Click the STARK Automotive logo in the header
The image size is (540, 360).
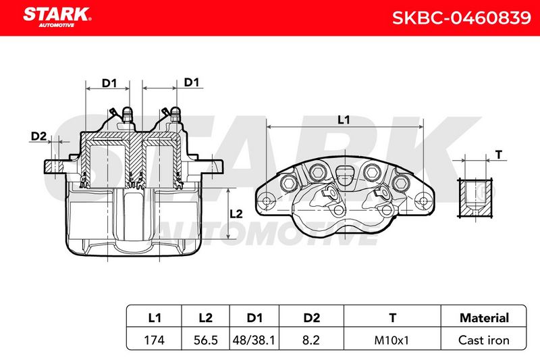click(x=57, y=17)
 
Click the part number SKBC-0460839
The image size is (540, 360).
click(x=462, y=18)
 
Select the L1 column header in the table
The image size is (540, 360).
click(x=154, y=317)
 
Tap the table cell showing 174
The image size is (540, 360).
click(x=154, y=340)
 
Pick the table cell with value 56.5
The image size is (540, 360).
click(x=206, y=340)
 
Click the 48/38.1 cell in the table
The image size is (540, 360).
click(x=254, y=340)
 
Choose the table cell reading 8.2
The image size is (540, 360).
click(x=311, y=340)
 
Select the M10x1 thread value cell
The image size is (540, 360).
click(x=391, y=340)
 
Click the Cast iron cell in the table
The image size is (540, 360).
click(x=483, y=340)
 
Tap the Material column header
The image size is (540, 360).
click(x=484, y=317)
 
